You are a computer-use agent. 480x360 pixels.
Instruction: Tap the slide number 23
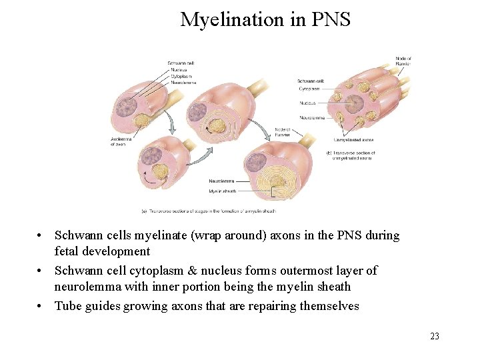click(435, 336)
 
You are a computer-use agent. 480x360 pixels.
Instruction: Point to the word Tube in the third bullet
click(67, 306)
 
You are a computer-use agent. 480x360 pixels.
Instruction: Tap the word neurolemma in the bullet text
click(87, 287)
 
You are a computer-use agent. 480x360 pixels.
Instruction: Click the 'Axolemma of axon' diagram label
click(121, 141)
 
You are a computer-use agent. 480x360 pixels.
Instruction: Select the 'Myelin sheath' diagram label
click(223, 191)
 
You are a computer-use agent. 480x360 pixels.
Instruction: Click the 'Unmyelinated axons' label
click(353, 140)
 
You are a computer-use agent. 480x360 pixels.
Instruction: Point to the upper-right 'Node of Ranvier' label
click(403, 61)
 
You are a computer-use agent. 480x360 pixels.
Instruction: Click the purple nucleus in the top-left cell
click(125, 107)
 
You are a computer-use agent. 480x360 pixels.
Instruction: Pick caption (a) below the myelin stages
click(209, 211)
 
